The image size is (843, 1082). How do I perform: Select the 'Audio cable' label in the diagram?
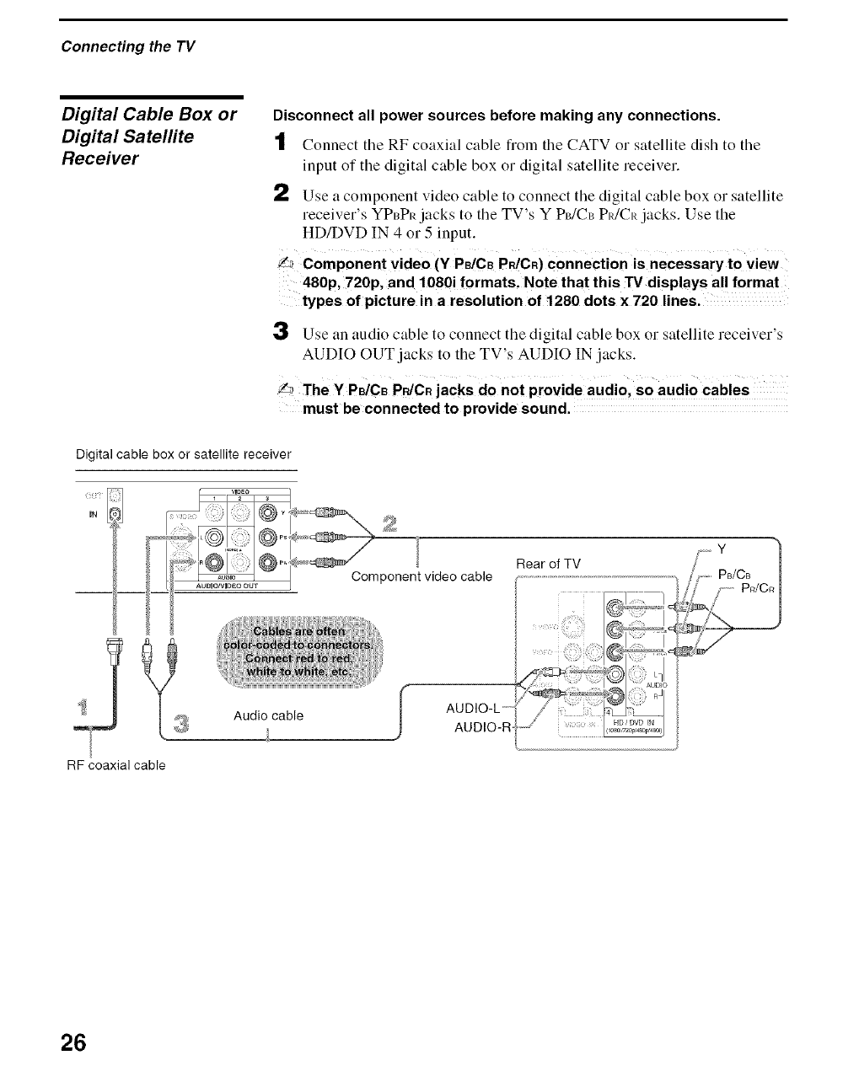click(268, 715)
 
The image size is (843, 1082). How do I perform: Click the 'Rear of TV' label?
click(549, 563)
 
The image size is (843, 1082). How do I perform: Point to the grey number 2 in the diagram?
click(389, 523)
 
